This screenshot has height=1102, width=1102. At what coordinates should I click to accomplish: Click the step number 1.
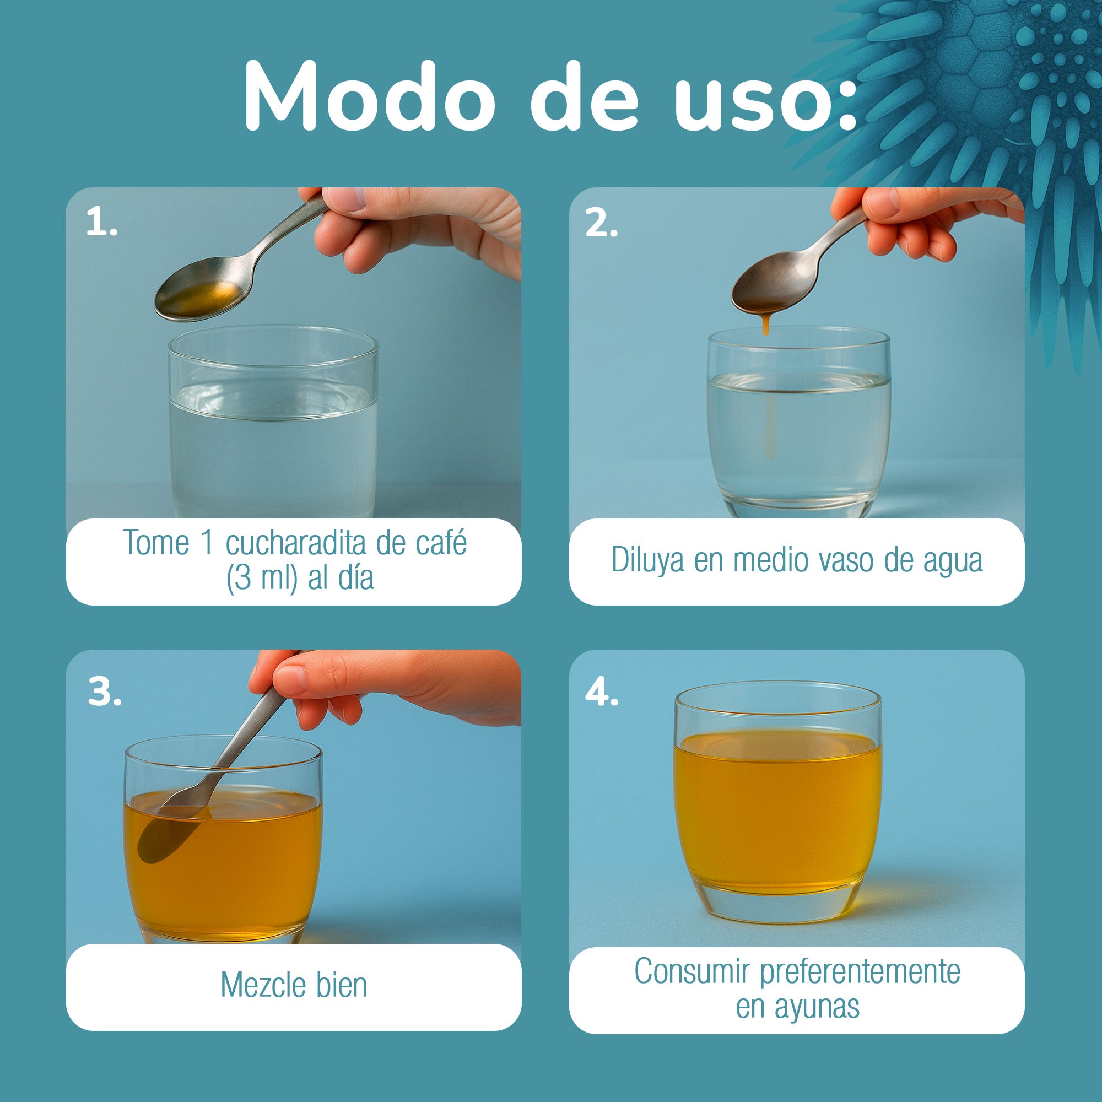101,223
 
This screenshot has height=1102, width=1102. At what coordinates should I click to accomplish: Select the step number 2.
601,223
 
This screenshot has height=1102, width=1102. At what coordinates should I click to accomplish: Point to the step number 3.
104,693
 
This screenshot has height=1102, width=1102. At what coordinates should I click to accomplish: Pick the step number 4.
601,693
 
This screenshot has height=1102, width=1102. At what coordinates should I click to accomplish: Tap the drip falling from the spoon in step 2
765,325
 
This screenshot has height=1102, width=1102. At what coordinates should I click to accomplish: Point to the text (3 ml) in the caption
262,578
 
